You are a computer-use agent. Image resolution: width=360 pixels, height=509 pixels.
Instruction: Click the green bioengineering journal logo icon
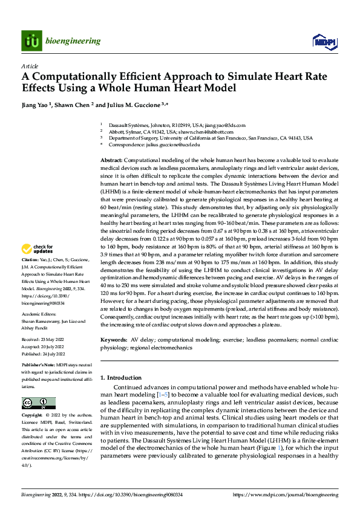pyautogui.click(x=31, y=41)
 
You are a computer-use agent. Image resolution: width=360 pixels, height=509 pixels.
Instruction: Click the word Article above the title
pyautogui.click(x=30, y=65)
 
